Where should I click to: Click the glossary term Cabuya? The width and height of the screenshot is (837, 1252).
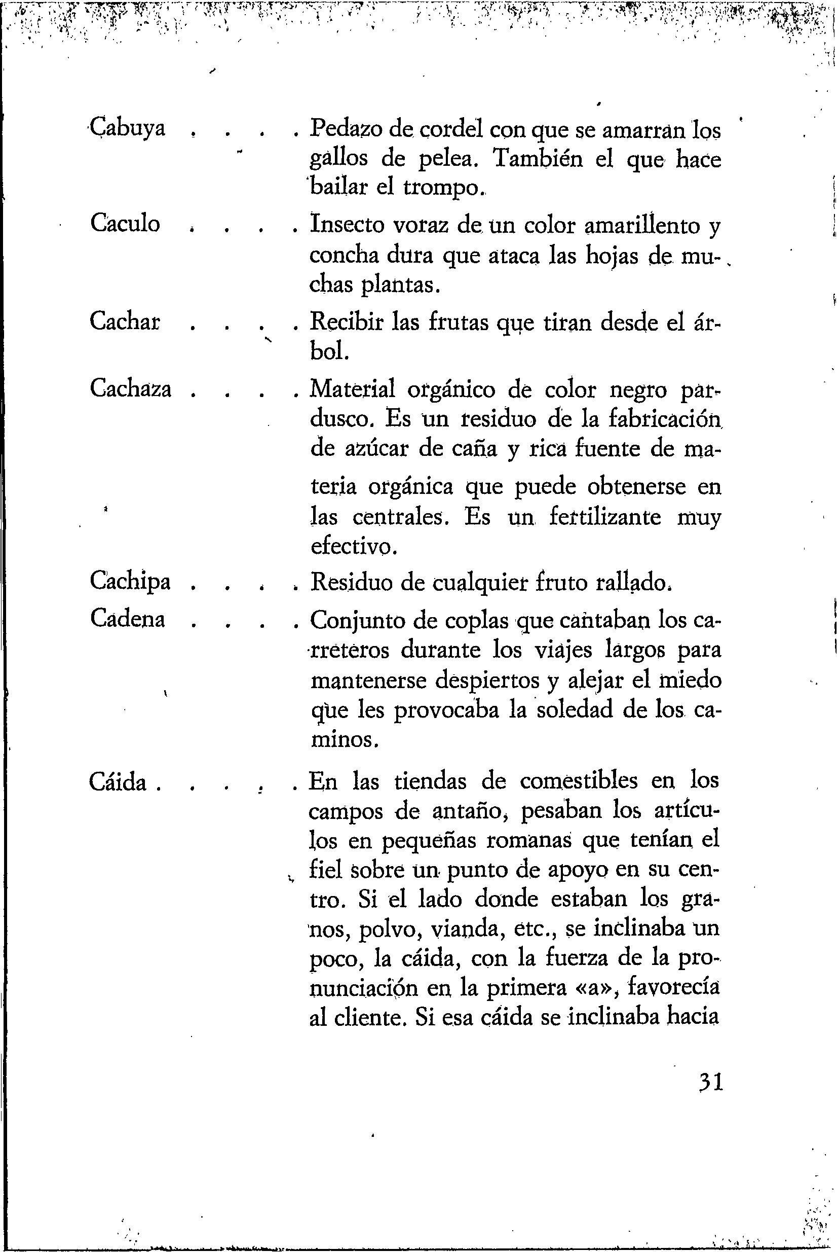click(127, 129)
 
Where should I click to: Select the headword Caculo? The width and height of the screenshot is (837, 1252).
click(125, 223)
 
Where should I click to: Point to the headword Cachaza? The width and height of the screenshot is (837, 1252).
click(131, 388)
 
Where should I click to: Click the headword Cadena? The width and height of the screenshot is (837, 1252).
click(128, 619)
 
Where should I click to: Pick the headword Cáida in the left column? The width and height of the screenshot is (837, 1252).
click(119, 782)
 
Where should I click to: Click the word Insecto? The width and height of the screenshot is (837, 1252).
click(348, 225)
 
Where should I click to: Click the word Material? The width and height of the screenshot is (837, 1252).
click(353, 389)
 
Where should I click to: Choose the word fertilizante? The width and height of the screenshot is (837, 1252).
click(605, 517)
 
